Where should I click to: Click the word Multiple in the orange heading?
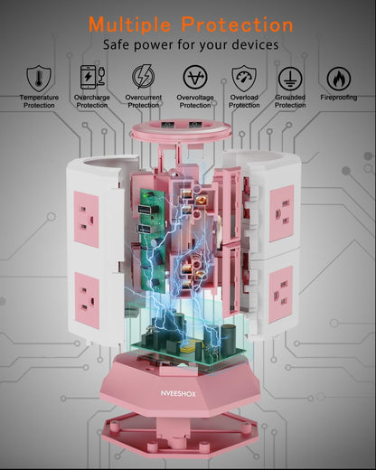pyautogui.click(x=130, y=24)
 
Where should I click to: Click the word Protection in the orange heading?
pyautogui.click(x=237, y=24)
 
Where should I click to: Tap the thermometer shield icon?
pyautogui.click(x=39, y=79)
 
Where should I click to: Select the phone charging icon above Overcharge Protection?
pyautogui.click(x=92, y=77)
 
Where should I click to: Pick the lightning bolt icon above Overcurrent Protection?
pyautogui.click(x=144, y=77)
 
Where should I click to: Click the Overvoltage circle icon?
pyautogui.click(x=195, y=77)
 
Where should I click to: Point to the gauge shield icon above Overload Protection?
pyautogui.click(x=244, y=79)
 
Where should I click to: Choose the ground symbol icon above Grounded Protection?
pyautogui.click(x=290, y=79)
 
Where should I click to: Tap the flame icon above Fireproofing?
pyautogui.click(x=339, y=79)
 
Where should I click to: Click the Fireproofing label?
pyautogui.click(x=339, y=98)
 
